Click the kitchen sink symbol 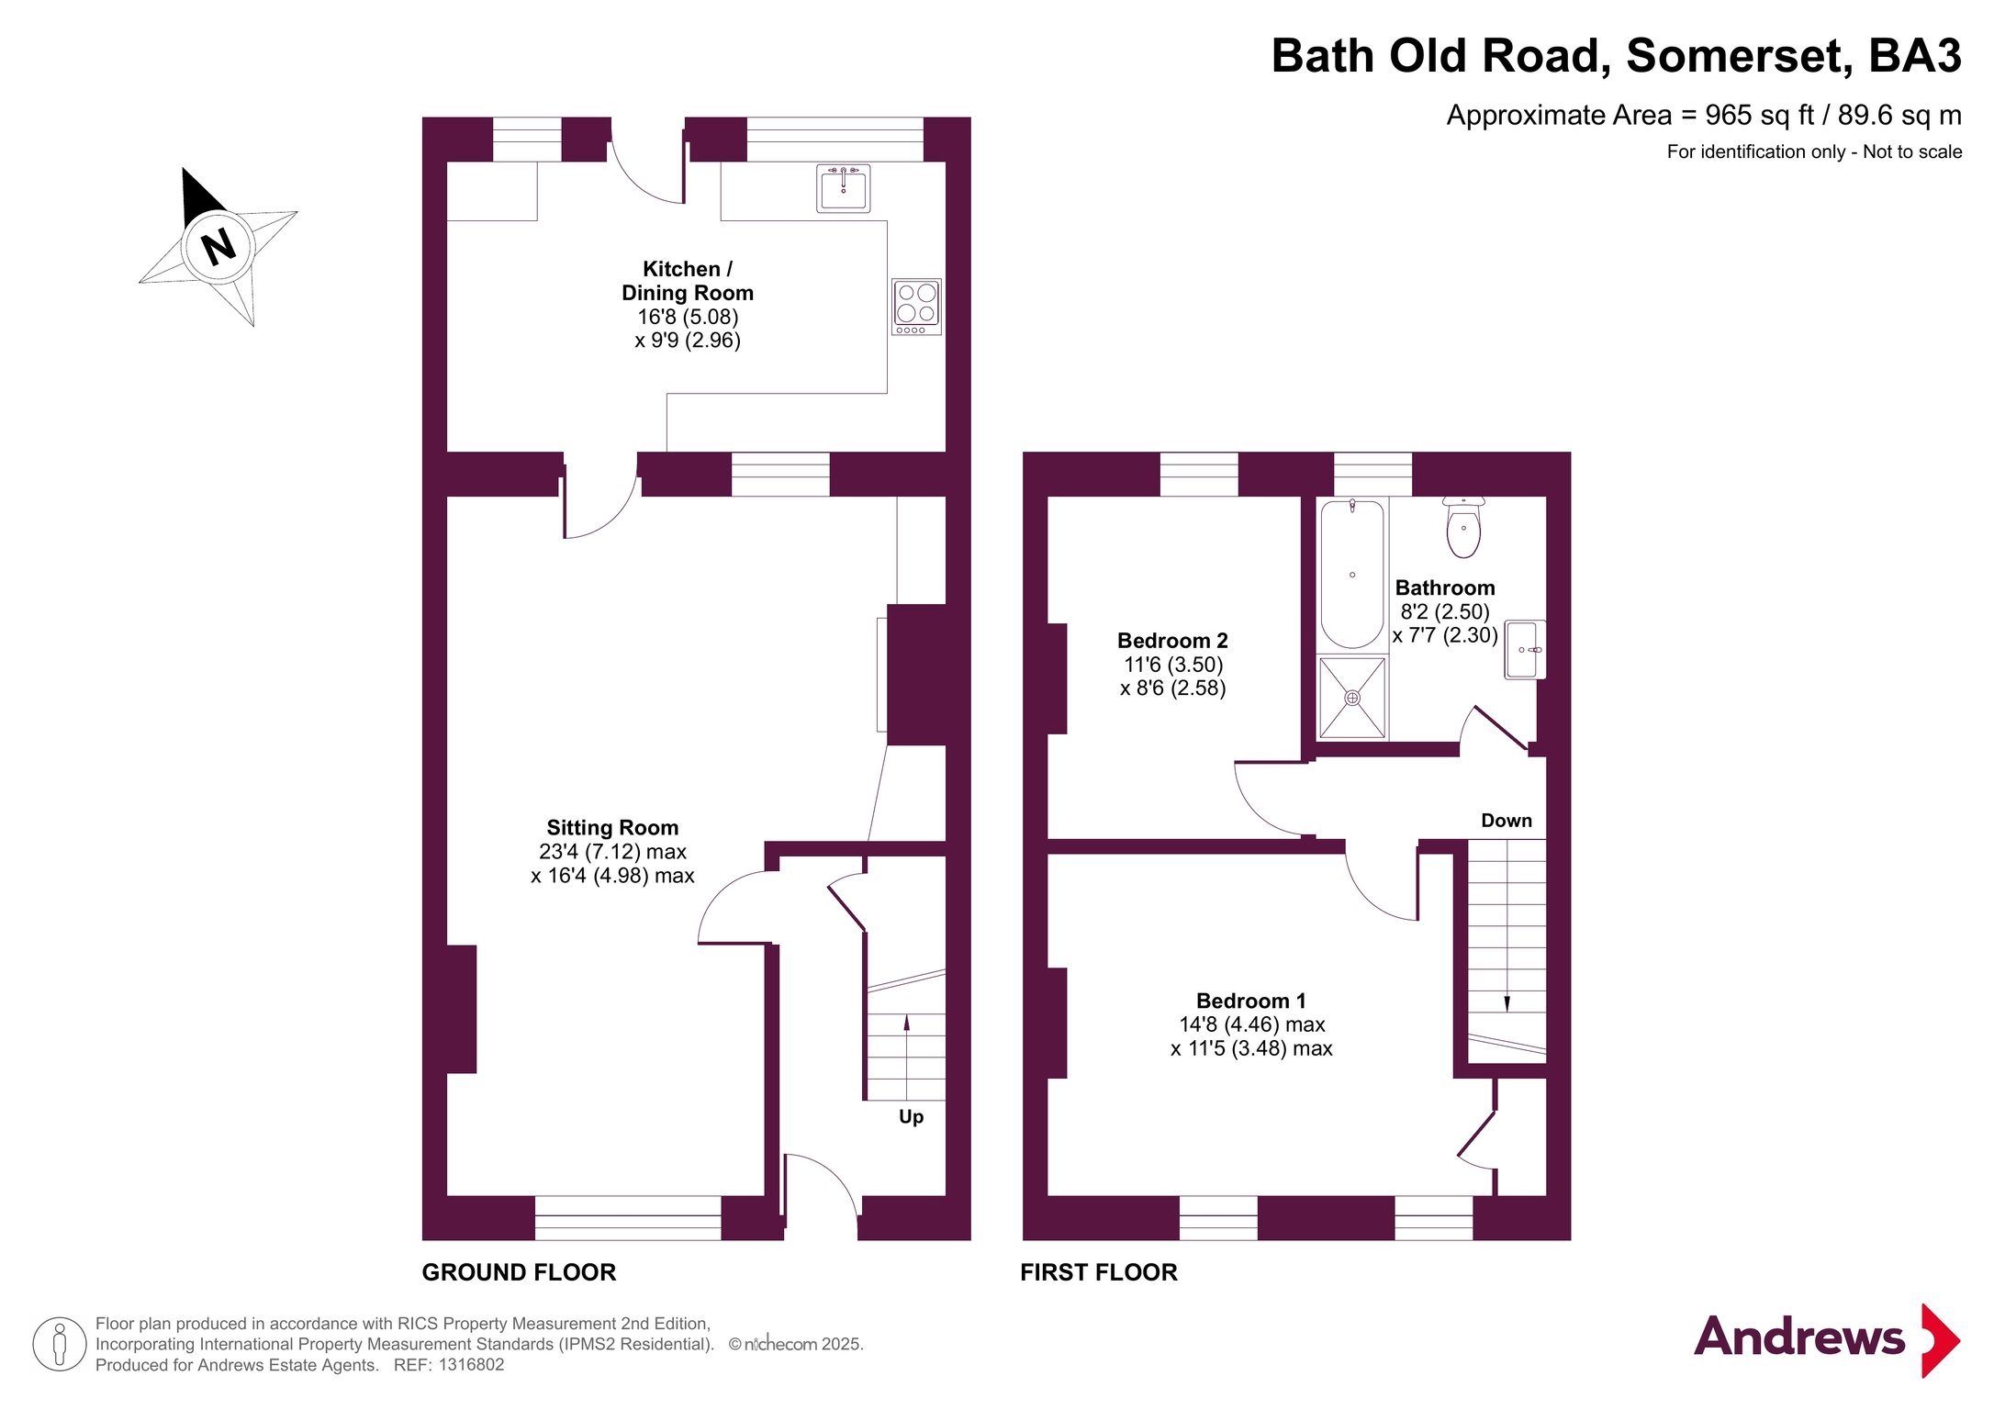coord(843,188)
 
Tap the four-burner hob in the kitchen coord(916,307)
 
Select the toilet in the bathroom coord(1463,527)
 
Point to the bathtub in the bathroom coord(1352,574)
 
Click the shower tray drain coord(1352,698)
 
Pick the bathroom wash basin coord(1525,650)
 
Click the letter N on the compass coord(218,247)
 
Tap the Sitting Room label coord(612,828)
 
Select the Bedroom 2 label coord(1172,641)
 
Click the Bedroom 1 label coord(1250,1001)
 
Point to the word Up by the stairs coord(911,1117)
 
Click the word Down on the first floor coord(1507,821)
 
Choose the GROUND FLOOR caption coord(519,1272)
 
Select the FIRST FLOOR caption coord(1099,1272)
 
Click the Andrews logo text coord(1799,1337)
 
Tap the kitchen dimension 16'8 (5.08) coord(688,317)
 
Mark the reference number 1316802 coord(471,1365)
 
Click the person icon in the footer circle coord(60,1344)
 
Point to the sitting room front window coord(628,1218)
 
